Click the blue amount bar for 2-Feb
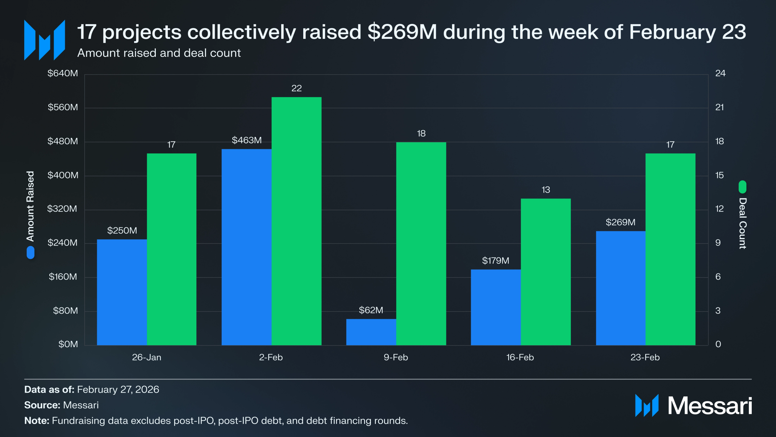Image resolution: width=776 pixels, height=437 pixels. [x=246, y=247]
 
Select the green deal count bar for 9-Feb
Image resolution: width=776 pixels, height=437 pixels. [x=421, y=244]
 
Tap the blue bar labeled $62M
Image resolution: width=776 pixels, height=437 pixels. [x=371, y=332]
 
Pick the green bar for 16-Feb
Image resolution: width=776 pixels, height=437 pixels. [x=546, y=272]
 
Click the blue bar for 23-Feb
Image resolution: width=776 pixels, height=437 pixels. [x=621, y=288]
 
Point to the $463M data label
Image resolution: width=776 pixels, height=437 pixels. [x=247, y=140]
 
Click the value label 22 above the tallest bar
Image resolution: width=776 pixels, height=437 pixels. [x=297, y=88]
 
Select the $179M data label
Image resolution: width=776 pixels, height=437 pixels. [x=496, y=261]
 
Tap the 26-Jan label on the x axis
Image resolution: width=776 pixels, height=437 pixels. [x=147, y=357]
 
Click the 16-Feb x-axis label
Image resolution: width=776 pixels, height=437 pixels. [x=520, y=357]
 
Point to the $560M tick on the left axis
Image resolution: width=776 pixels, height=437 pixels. [x=63, y=107]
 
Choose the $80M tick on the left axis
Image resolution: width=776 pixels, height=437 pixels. [x=66, y=311]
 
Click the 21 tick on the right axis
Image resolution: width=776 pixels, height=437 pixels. [x=719, y=107]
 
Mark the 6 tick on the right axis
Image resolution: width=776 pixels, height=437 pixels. [x=718, y=277]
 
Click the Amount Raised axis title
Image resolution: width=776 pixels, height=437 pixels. [x=30, y=206]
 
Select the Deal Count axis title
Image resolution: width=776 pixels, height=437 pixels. [x=743, y=223]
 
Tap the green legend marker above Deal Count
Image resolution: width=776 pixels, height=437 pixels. [x=742, y=187]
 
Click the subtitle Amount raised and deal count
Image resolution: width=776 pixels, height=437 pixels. [x=159, y=53]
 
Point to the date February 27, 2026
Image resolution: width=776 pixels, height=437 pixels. [x=118, y=389]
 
